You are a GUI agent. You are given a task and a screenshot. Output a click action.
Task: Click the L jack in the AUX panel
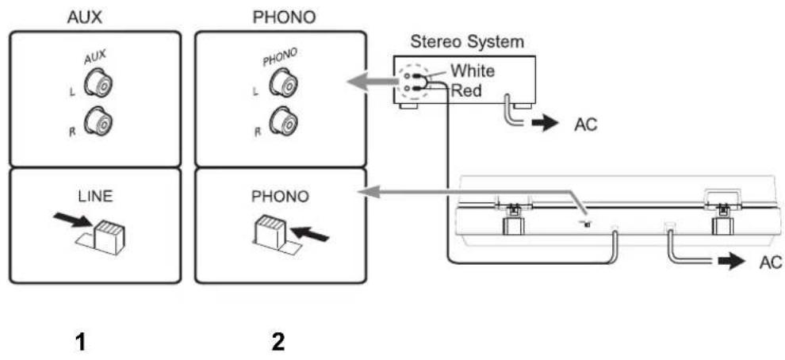pos(99,82)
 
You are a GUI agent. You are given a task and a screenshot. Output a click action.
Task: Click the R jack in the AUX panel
pos(99,121)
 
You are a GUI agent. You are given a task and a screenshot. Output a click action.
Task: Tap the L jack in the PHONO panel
pos(283,82)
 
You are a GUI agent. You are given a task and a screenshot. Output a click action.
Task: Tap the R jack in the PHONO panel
pos(283,121)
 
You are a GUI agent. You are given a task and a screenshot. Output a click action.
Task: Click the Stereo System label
pos(467,42)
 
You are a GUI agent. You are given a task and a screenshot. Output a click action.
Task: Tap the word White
pos(472,71)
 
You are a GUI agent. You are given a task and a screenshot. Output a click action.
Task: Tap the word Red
pos(465,90)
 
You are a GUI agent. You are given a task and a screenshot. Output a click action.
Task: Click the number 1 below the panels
pos(80,343)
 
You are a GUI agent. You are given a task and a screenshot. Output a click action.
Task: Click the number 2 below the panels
pos(278,343)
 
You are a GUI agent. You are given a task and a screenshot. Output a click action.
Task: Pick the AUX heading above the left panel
pos(84,18)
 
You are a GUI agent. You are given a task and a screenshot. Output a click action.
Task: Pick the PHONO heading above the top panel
pos(285,18)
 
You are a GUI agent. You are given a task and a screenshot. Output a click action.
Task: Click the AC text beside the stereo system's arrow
pos(585,124)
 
